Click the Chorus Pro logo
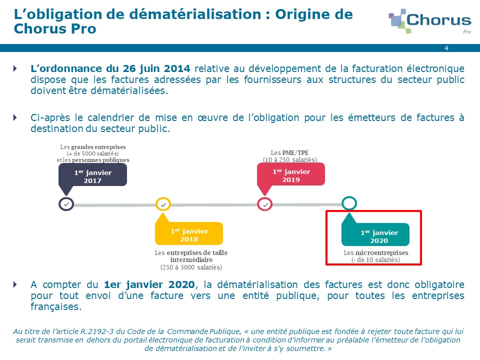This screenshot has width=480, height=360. pyautogui.click(x=430, y=21)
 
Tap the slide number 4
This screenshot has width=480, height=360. pyautogui.click(x=446, y=48)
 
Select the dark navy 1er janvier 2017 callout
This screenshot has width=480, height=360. pyautogui.click(x=92, y=176)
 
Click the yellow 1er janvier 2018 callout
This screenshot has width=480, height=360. pyautogui.click(x=189, y=231)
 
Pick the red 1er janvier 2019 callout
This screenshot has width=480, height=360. pyautogui.click(x=291, y=175)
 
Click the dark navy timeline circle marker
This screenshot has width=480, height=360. pyautogui.click(x=66, y=204)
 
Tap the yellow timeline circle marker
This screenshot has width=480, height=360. pyautogui.click(x=163, y=204)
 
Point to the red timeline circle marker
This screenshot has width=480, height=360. pyautogui.click(x=265, y=204)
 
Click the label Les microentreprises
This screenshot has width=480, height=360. pyautogui.click(x=376, y=253)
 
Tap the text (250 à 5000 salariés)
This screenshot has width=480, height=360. pyautogui.click(x=191, y=267)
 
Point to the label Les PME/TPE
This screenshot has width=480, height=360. pyautogui.click(x=289, y=153)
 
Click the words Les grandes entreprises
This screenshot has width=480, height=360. pyautogui.click(x=93, y=147)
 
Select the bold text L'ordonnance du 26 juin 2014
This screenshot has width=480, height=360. pyautogui.click(x=110, y=68)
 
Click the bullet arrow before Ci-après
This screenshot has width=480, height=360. pyautogui.click(x=15, y=117)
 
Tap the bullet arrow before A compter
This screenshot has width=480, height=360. pyautogui.click(x=15, y=284)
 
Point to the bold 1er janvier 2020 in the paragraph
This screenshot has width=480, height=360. pyautogui.click(x=149, y=284)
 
